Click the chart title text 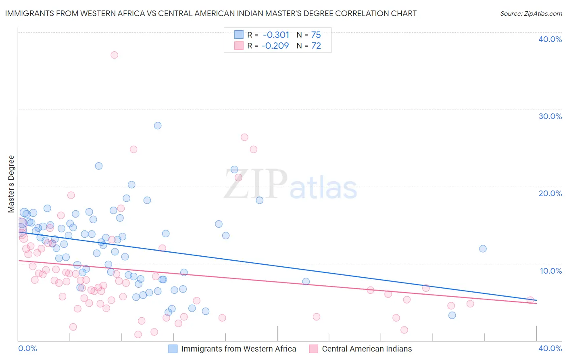pos(211,13)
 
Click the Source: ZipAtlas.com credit pos(531,14)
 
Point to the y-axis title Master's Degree pos(11,184)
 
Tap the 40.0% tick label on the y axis pos(550,39)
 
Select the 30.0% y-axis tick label pos(550,116)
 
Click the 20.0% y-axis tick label pos(550,193)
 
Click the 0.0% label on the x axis pos(27,348)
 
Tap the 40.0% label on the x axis pos(550,348)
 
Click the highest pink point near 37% pos(115,55)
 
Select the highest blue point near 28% pos(158,126)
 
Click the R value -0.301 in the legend pos(276,35)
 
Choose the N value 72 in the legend pos(316,46)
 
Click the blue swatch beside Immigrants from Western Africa pos(173,349)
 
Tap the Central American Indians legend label pos(367,349)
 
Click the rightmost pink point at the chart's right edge pos(530,300)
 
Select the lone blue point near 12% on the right pos(483,249)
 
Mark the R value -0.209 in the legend pos(275,46)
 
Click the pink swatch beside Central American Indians pos(313,349)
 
